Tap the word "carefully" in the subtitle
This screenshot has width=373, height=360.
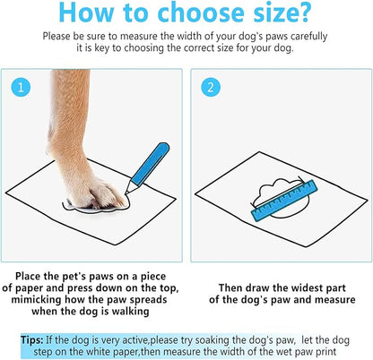click(x=302, y=38)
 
